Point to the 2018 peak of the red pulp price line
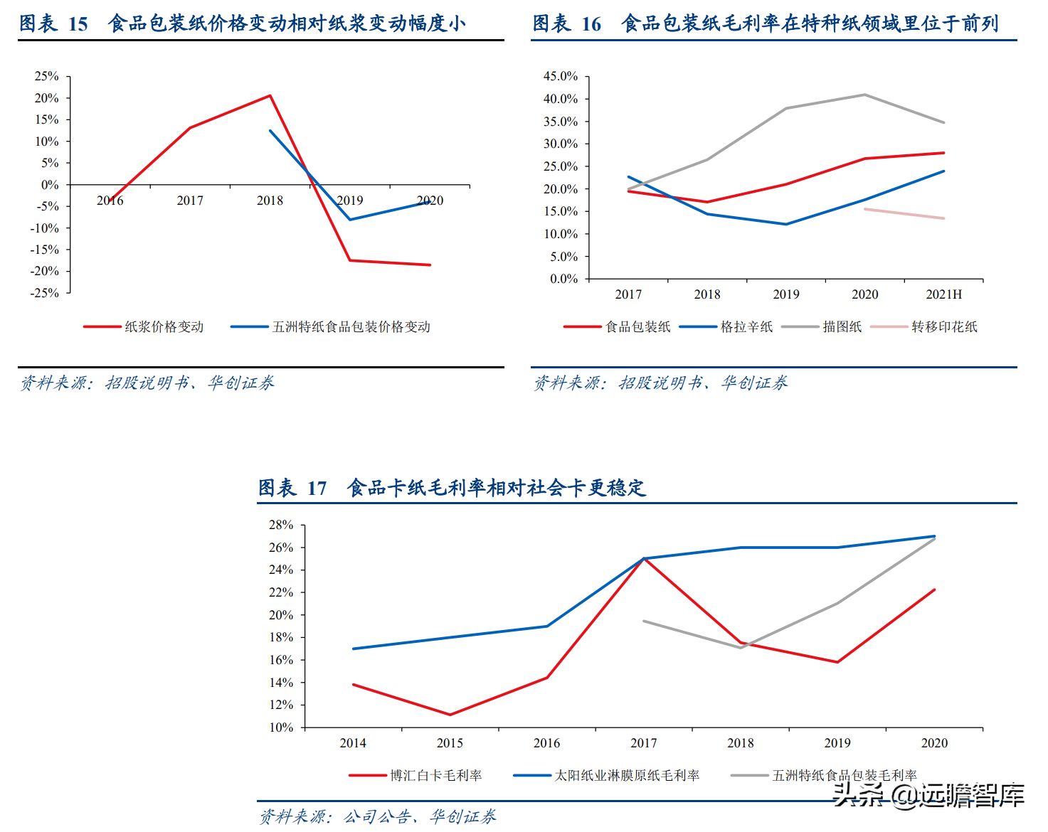click(x=270, y=95)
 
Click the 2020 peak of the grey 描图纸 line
click(x=864, y=95)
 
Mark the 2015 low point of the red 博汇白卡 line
click(x=450, y=715)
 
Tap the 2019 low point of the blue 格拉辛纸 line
click(x=786, y=224)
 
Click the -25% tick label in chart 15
click(x=45, y=293)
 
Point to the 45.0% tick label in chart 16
click(x=561, y=76)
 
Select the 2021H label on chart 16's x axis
click(x=943, y=294)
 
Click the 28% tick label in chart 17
click(x=280, y=525)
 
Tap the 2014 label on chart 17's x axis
click(x=353, y=743)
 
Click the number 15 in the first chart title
click(x=78, y=24)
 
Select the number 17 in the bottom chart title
click(x=317, y=489)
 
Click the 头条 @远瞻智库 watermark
click(x=928, y=795)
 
